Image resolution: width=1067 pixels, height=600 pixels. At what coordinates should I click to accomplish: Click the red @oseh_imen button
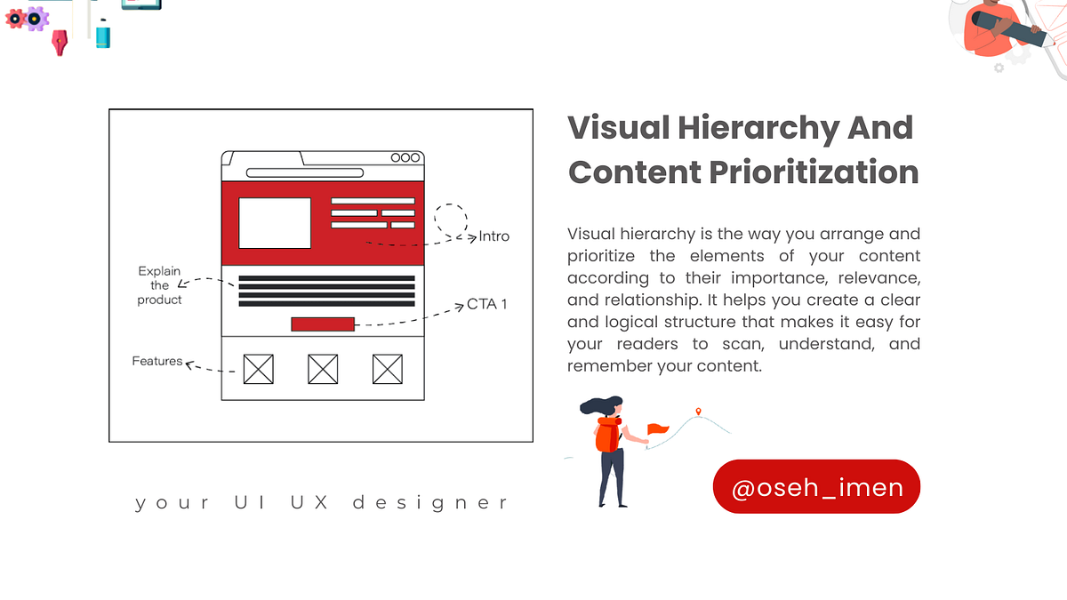816,487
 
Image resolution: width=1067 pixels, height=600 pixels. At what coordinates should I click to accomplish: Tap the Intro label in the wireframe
494,236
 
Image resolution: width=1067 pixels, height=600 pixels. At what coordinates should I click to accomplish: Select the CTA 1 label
487,304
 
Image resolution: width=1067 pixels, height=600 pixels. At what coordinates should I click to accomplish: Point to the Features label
157,361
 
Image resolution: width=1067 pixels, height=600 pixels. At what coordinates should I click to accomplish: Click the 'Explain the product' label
160,285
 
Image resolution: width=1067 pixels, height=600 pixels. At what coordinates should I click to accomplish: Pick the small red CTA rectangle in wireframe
323,324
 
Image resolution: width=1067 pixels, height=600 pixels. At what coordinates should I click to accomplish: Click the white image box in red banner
275,223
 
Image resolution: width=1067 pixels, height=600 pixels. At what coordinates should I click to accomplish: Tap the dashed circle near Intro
450,219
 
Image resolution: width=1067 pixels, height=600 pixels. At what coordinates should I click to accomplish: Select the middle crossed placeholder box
323,369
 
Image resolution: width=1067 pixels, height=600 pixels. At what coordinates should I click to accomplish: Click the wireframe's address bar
305,172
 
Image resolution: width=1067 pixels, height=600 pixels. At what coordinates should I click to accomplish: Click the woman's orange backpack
606,436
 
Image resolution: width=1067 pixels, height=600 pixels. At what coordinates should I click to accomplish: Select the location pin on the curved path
699,412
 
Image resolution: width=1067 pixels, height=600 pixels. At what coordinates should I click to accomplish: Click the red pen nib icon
60,42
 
